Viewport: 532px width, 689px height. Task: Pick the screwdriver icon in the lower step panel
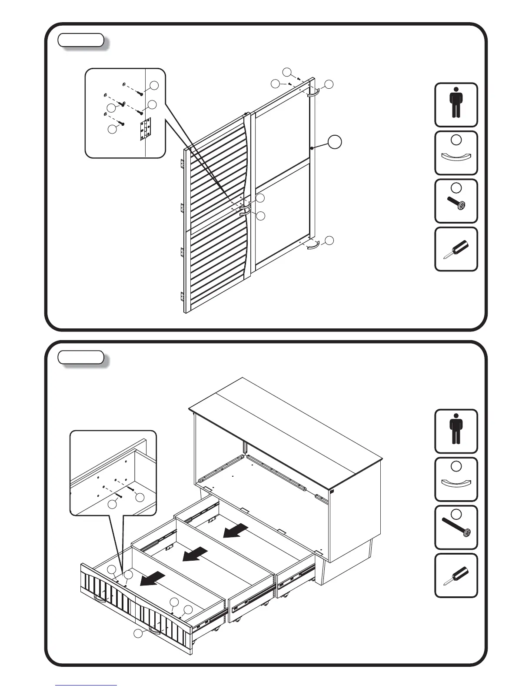point(456,576)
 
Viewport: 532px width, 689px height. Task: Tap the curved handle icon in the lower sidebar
point(456,483)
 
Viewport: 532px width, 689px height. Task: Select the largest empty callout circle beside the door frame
point(335,142)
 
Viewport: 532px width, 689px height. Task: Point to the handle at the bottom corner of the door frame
point(313,246)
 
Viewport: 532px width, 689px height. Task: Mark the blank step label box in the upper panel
point(81,40)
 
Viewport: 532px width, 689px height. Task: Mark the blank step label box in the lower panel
point(81,358)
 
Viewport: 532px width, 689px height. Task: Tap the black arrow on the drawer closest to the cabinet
point(236,530)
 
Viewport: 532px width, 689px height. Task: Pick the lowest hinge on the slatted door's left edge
point(182,296)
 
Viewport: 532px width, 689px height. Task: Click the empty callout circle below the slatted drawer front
point(138,634)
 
